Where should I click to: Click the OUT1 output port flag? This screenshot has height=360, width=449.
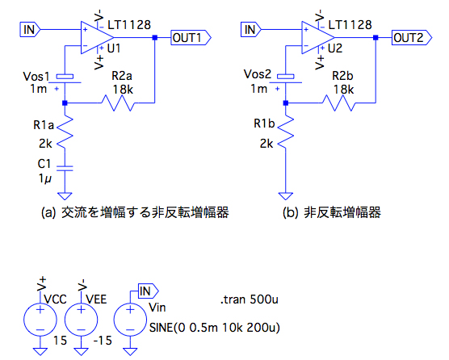coord(191,37)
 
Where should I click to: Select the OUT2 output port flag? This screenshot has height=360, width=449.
coord(412,37)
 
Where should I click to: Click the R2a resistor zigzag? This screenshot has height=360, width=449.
coord(118,103)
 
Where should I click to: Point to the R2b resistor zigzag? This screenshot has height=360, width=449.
coord(338,103)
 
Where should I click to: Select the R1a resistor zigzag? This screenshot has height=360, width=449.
coord(65,132)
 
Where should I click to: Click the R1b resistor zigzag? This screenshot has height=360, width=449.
coord(286,132)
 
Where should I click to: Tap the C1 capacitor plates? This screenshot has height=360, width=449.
coord(65,168)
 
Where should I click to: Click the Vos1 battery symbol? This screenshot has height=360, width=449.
coord(65,79)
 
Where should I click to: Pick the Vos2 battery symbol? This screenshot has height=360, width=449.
coord(286,79)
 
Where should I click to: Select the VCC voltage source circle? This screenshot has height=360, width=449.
coord(40,320)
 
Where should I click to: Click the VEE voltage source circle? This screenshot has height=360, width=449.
coord(82,320)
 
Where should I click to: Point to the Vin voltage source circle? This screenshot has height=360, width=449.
coord(130,320)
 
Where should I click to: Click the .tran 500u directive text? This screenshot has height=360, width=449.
coord(250,299)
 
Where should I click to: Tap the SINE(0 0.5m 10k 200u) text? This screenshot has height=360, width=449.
coord(215,328)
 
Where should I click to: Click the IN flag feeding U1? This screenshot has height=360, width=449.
coord(30,30)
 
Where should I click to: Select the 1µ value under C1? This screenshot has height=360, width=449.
coord(45,178)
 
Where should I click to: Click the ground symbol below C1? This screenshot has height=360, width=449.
coord(65,195)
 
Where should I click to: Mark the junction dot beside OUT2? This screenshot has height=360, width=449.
coord(376,37)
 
